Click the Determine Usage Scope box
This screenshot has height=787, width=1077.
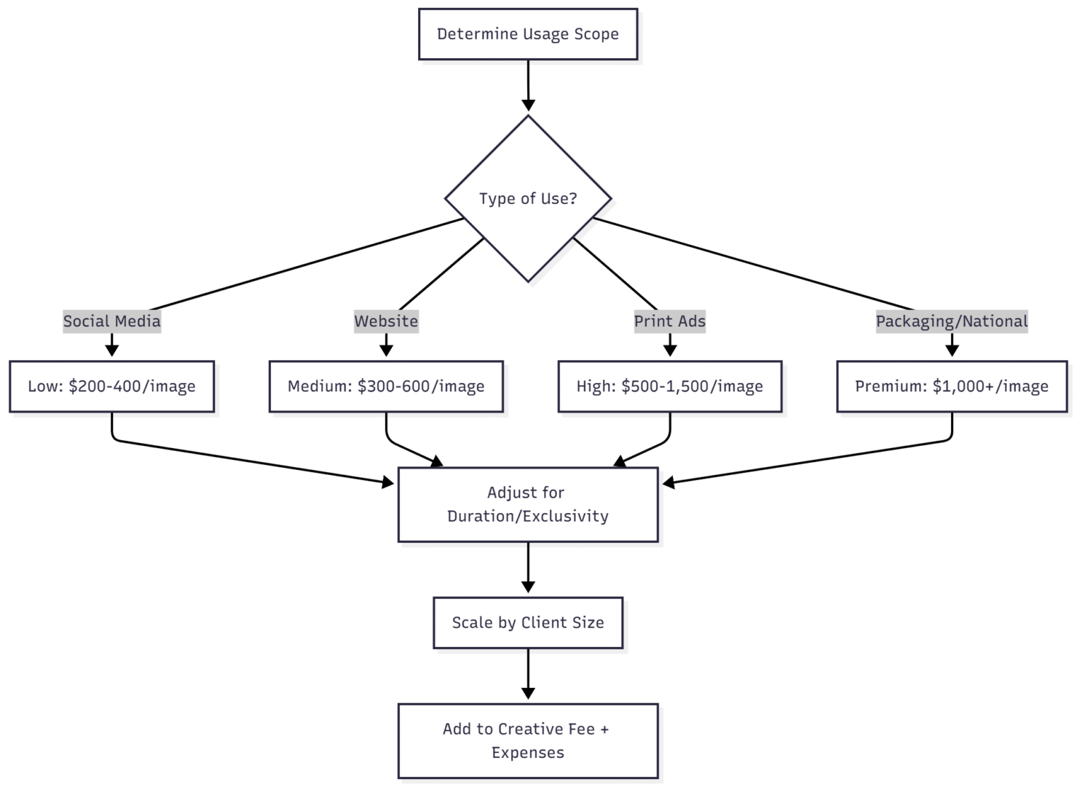pyautogui.click(x=528, y=34)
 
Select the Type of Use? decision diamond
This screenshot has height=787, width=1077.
pyautogui.click(x=528, y=198)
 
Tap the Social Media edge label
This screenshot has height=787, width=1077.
pyautogui.click(x=111, y=321)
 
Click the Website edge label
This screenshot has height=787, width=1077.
pyautogui.click(x=386, y=321)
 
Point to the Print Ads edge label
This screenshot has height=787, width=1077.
pyautogui.click(x=669, y=321)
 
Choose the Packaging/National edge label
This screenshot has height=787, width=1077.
pyautogui.click(x=951, y=321)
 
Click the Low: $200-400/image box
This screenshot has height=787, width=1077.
pyautogui.click(x=111, y=386)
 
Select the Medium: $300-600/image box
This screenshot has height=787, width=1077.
pyautogui.click(x=386, y=386)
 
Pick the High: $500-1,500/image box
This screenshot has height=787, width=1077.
pyautogui.click(x=669, y=386)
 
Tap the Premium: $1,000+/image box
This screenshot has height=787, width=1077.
pyautogui.click(x=951, y=386)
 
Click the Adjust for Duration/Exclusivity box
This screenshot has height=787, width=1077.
pyautogui.click(x=528, y=504)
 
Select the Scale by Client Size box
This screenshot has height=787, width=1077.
pyautogui.click(x=528, y=623)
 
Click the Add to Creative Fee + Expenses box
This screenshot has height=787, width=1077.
pyautogui.click(x=528, y=740)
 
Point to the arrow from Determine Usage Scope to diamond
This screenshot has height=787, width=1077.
pyautogui.click(x=528, y=85)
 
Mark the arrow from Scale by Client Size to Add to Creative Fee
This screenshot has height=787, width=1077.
pyautogui.click(x=528, y=675)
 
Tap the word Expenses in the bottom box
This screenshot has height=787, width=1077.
pyautogui.click(x=528, y=753)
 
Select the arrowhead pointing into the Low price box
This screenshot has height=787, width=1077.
pyautogui.click(x=111, y=351)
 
